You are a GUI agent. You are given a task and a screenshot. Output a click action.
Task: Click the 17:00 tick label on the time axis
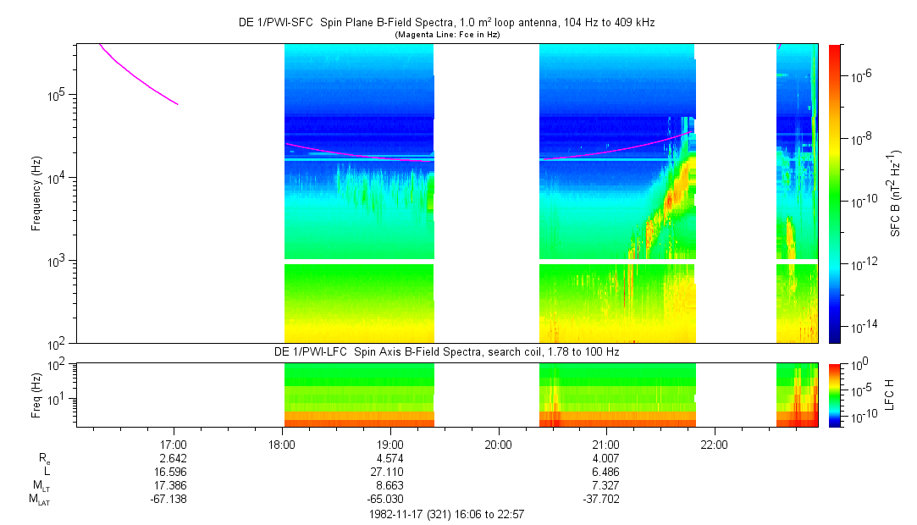[x=174, y=444]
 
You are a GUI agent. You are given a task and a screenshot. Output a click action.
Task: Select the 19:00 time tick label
[x=389, y=444]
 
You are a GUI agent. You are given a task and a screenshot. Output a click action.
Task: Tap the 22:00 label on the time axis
[x=714, y=444]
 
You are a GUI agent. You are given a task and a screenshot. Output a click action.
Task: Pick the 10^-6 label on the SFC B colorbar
[x=862, y=76]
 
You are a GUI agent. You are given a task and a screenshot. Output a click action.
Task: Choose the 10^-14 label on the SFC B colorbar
[x=863, y=326]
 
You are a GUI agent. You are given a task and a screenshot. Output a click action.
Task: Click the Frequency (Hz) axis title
[x=36, y=193]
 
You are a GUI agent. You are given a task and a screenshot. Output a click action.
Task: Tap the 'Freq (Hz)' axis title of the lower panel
[x=36, y=395]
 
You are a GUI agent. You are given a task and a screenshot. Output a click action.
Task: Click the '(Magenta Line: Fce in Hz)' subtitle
[x=447, y=35]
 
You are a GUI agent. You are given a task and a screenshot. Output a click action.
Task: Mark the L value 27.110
[x=389, y=472]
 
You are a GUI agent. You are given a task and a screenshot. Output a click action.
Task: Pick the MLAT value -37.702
[x=605, y=499]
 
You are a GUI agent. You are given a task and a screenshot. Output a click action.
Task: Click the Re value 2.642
[x=174, y=458]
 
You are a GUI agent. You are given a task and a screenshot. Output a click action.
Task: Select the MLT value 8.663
[x=389, y=485]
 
